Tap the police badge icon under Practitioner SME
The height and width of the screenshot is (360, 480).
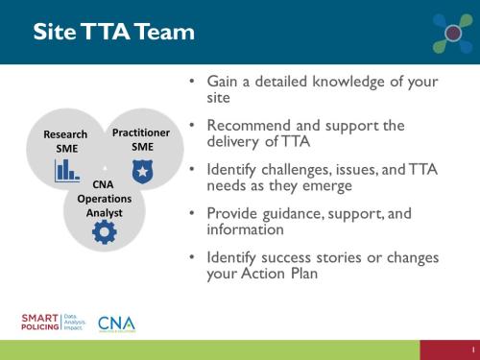coord(141,169)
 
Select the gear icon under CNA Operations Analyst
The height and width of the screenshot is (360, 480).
coord(104,231)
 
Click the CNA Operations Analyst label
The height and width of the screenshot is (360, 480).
coord(104,197)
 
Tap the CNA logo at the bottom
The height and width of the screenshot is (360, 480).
coord(116,323)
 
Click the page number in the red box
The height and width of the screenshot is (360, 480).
coord(472,350)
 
